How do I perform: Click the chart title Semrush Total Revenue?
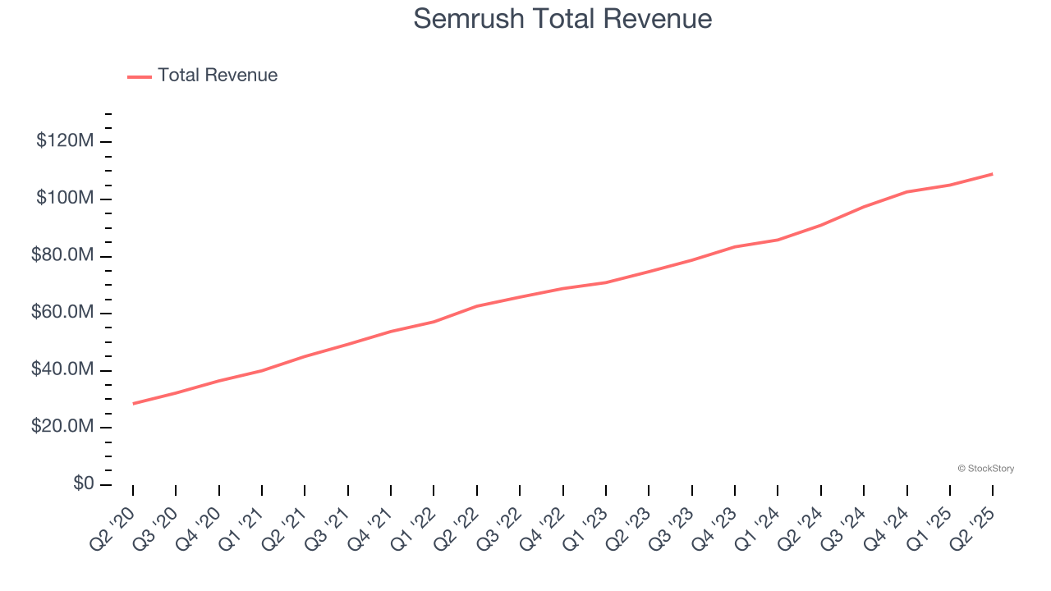coord(562,18)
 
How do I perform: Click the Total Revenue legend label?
coord(218,76)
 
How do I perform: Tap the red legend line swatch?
coord(140,76)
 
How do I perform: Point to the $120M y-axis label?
coord(65,141)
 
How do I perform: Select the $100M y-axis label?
coord(65,199)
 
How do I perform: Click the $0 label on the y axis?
coord(84,484)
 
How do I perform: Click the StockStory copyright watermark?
coord(985,469)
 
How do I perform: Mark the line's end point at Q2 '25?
coord(993,174)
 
